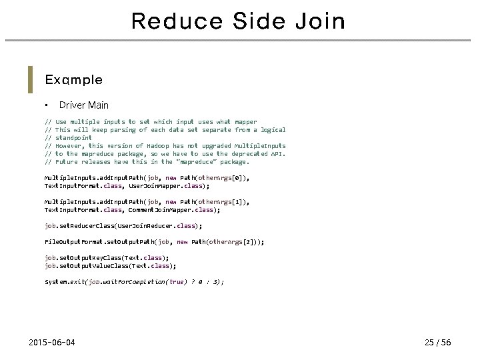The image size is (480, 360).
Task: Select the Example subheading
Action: (73, 80)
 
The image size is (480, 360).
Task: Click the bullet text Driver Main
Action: (84, 105)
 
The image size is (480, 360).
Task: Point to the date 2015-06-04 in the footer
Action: (52, 343)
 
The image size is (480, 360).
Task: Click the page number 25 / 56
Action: (438, 343)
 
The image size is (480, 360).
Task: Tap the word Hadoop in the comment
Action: (157, 146)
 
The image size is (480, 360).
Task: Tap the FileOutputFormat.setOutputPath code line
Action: (154, 242)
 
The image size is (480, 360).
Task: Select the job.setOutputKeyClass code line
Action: (107, 257)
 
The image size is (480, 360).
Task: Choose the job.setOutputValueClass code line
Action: (111, 265)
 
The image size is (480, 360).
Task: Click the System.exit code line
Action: (134, 282)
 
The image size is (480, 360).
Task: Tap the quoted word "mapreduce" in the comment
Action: (193, 162)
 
